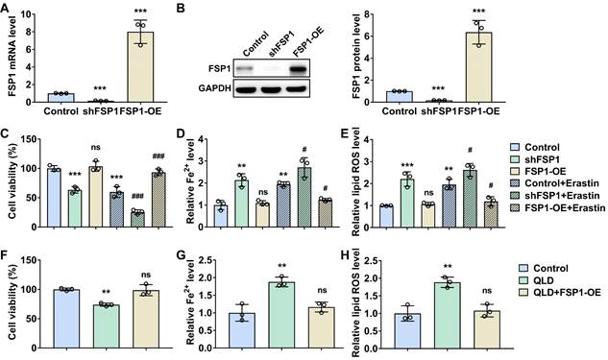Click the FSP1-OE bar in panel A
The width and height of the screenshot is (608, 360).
tap(141, 66)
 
